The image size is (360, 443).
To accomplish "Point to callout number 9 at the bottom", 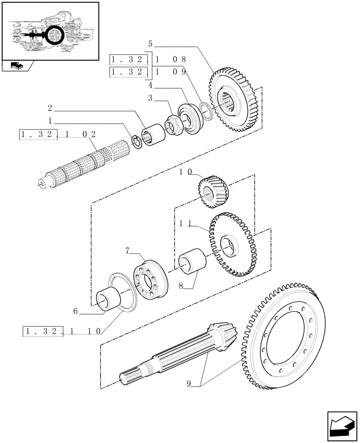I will pos(189,384).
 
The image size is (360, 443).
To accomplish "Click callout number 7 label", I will pos(128,251).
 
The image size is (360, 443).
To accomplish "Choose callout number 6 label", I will pos(76,311).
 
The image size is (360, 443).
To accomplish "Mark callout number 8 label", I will pos(181,287).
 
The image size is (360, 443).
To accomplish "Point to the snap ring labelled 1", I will pos(137,142).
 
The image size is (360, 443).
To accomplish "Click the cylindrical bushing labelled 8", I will pos(192,261).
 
